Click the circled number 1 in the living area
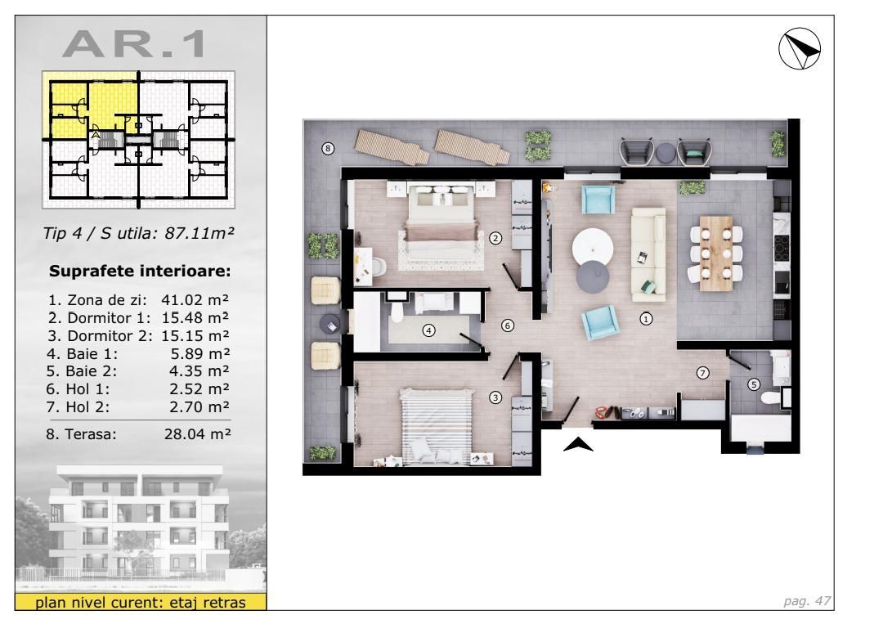tap(647, 319)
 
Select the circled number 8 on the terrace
tap(328, 149)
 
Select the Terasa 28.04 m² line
tap(137, 436)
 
